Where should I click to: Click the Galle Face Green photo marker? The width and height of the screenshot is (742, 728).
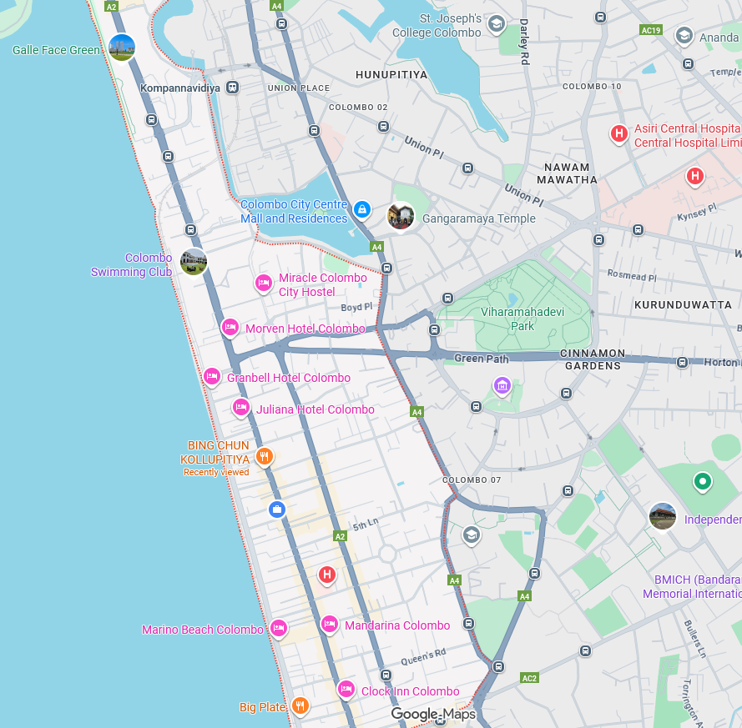122,47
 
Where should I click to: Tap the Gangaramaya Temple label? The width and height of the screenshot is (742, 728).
479,218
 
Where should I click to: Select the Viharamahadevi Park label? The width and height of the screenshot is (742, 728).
507,319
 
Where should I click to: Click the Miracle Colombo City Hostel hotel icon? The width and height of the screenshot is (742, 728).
263,284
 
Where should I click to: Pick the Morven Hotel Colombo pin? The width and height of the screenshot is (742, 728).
230,328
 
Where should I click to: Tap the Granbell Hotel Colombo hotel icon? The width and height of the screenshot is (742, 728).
212,377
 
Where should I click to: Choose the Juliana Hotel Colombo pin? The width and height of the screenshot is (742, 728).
241,408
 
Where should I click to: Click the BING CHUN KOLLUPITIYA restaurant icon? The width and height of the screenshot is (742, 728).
265,455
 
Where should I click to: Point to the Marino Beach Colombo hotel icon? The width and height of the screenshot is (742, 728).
279,628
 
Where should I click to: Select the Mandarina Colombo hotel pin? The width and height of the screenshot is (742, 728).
330,624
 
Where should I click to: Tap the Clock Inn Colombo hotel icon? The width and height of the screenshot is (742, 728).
346,689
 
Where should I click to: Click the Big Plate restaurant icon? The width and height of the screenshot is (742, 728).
300,705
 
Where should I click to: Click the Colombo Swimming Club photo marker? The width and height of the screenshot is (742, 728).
194,261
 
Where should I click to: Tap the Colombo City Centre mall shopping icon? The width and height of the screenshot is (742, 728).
361,208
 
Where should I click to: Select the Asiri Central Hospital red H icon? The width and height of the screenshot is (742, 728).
619,133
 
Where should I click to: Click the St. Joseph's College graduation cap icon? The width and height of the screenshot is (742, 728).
496,23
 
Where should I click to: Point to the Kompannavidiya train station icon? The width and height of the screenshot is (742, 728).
233,87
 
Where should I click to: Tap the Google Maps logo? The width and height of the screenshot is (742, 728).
433,714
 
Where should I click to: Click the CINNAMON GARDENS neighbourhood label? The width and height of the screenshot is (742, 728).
592,359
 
